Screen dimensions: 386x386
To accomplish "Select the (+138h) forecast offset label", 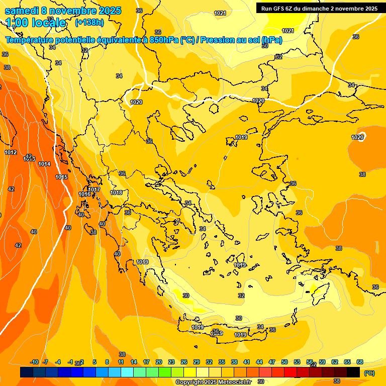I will pyautogui.click(x=89, y=23).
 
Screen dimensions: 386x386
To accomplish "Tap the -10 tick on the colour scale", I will pyautogui.click(x=34, y=362).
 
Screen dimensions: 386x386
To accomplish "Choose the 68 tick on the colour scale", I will pyautogui.click(x=360, y=362).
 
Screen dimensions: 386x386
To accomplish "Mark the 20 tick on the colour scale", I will pyautogui.click(x=159, y=362).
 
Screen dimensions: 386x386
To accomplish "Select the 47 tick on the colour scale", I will pyautogui.click(x=272, y=362).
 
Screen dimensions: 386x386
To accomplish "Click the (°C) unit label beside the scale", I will pyautogui.click(x=369, y=373).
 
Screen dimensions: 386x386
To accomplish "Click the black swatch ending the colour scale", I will pyautogui.click(x=353, y=372).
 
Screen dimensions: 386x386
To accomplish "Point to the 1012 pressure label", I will pyautogui.click(x=11, y=152).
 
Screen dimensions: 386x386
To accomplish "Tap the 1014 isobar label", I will pyautogui.click(x=44, y=164).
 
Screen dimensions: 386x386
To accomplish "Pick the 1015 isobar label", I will pyautogui.click(x=61, y=177).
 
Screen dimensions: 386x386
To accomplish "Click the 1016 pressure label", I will pyautogui.click(x=84, y=194).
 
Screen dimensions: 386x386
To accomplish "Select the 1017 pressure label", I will pyautogui.click(x=94, y=189).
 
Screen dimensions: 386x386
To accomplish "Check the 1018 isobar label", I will pyautogui.click(x=116, y=192).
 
